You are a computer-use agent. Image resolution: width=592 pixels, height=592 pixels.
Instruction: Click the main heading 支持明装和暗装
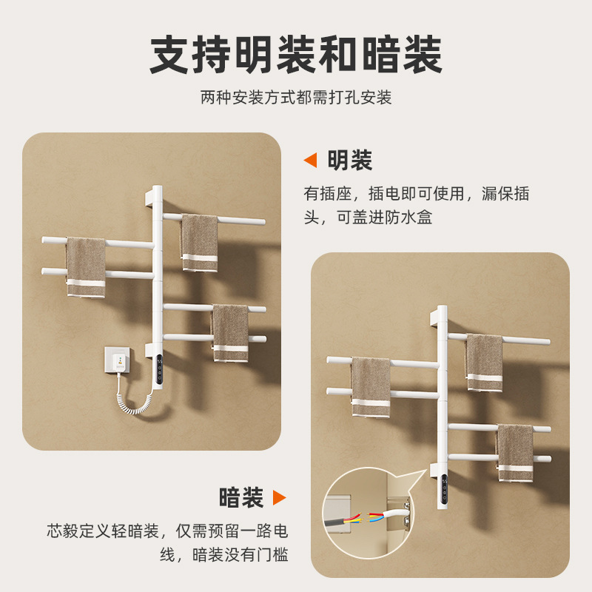click(296, 55)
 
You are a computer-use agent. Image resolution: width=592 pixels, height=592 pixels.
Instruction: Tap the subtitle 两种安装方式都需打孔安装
click(296, 97)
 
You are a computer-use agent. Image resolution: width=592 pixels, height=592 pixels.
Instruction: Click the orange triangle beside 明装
click(311, 160)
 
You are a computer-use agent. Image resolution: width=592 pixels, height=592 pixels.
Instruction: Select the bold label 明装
click(349, 160)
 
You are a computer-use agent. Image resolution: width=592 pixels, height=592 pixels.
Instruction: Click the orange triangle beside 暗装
click(279, 497)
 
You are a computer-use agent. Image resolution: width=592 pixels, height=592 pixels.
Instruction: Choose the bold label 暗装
click(241, 497)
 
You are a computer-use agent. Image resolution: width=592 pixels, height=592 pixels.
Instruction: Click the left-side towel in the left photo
click(86, 266)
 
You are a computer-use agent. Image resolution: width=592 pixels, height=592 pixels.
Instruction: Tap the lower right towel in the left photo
click(230, 333)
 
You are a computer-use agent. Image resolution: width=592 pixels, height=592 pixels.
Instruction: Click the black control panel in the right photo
click(443, 490)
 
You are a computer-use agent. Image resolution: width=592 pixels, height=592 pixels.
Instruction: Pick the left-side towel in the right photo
click(370, 386)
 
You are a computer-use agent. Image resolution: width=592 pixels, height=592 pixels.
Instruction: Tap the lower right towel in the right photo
click(515, 452)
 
